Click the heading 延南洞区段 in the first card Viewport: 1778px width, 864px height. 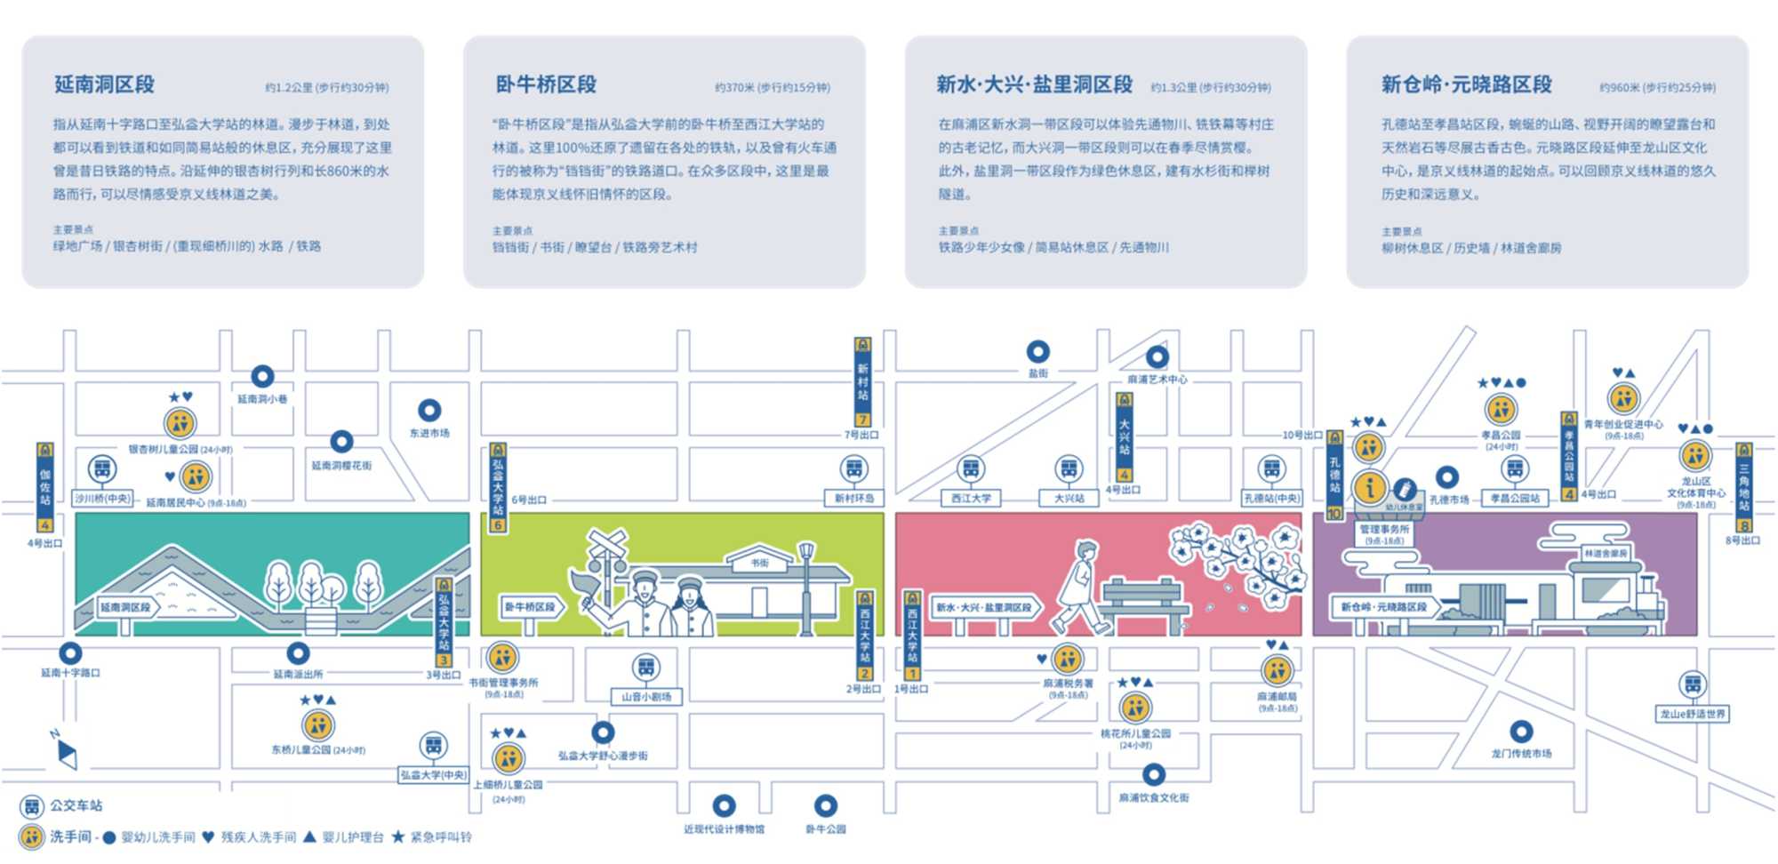coord(104,84)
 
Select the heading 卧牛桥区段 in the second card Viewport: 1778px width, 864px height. coord(546,84)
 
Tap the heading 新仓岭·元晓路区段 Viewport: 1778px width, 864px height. coord(1466,84)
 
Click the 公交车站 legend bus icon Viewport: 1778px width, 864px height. coord(32,806)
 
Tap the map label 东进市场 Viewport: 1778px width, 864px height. coord(429,433)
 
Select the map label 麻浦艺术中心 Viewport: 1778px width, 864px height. coord(1157,380)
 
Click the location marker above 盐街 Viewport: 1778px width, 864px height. coord(1037,352)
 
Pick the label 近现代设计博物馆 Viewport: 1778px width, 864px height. coord(724,829)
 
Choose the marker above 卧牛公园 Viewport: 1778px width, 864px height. coord(826,806)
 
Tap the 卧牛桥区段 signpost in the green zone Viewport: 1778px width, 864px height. coord(530,607)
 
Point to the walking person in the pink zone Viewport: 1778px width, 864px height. coord(1080,587)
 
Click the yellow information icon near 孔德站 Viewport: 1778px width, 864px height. coord(1369,487)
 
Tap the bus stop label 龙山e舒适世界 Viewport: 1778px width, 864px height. coord(1693,714)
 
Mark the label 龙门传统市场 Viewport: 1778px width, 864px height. coord(1521,754)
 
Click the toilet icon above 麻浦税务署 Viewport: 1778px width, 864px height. coord(1067,660)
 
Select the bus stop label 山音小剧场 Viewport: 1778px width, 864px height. coord(646,697)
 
